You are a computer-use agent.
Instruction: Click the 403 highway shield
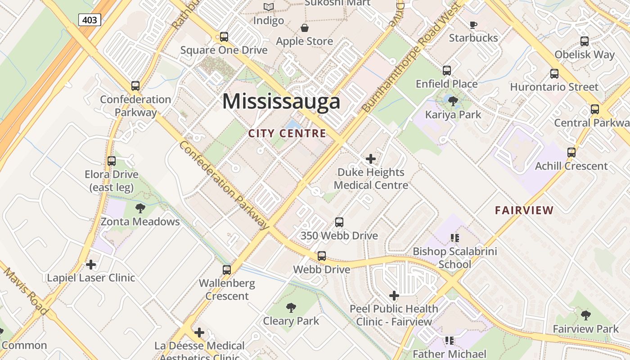tap(90, 19)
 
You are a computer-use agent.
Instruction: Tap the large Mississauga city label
tap(281, 101)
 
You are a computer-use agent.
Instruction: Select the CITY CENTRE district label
tap(287, 133)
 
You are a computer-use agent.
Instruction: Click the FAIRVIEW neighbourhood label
tap(524, 210)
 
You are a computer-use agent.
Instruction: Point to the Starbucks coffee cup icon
tap(473, 24)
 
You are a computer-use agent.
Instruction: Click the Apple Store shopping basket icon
tap(305, 28)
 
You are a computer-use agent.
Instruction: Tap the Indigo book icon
tap(269, 7)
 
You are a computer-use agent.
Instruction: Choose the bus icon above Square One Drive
tap(224, 37)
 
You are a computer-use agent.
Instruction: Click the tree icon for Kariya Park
tap(453, 101)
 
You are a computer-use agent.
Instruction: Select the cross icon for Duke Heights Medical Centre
tap(371, 159)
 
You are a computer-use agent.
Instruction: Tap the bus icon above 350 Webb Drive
tap(339, 222)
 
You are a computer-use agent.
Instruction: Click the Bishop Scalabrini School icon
tap(454, 238)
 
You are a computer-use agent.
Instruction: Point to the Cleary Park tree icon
tap(291, 308)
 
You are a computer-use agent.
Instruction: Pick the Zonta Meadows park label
tap(140, 221)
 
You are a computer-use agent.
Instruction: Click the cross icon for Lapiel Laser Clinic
tap(91, 264)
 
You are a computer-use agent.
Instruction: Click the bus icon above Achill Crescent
tap(571, 153)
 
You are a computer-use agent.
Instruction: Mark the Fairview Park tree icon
tap(585, 315)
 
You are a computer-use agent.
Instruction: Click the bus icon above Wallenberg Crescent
tap(227, 270)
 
